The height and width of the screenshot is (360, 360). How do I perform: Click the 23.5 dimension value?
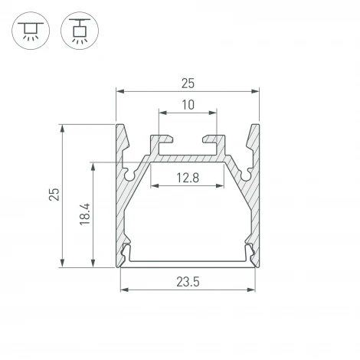click(x=188, y=282)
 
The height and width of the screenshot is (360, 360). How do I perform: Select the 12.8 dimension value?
click(x=188, y=178)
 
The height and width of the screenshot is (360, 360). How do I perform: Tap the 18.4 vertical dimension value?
click(x=85, y=214)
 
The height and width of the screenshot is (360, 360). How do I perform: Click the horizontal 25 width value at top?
click(x=188, y=82)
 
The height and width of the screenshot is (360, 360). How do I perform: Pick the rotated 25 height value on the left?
click(x=53, y=195)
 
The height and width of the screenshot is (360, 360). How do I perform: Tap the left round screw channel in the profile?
click(x=128, y=175)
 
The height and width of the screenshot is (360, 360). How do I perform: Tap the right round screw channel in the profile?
click(x=246, y=175)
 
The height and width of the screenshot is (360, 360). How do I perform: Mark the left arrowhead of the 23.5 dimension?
click(x=123, y=290)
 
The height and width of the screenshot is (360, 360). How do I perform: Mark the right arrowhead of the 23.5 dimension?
click(x=253, y=290)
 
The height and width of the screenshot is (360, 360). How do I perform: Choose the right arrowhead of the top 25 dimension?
click(x=257, y=91)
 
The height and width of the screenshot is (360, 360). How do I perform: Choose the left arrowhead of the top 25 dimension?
click(x=119, y=91)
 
